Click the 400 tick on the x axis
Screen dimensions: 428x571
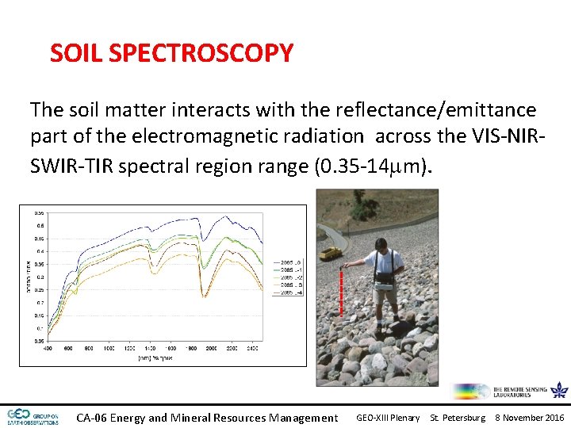click(x=48, y=348)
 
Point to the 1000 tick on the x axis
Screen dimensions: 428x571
click(x=109, y=348)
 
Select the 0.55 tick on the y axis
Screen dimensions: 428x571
click(x=38, y=212)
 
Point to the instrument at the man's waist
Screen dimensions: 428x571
click(x=385, y=278)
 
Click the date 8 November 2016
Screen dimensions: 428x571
click(x=529, y=418)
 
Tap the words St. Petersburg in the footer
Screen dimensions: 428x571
click(x=458, y=418)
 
